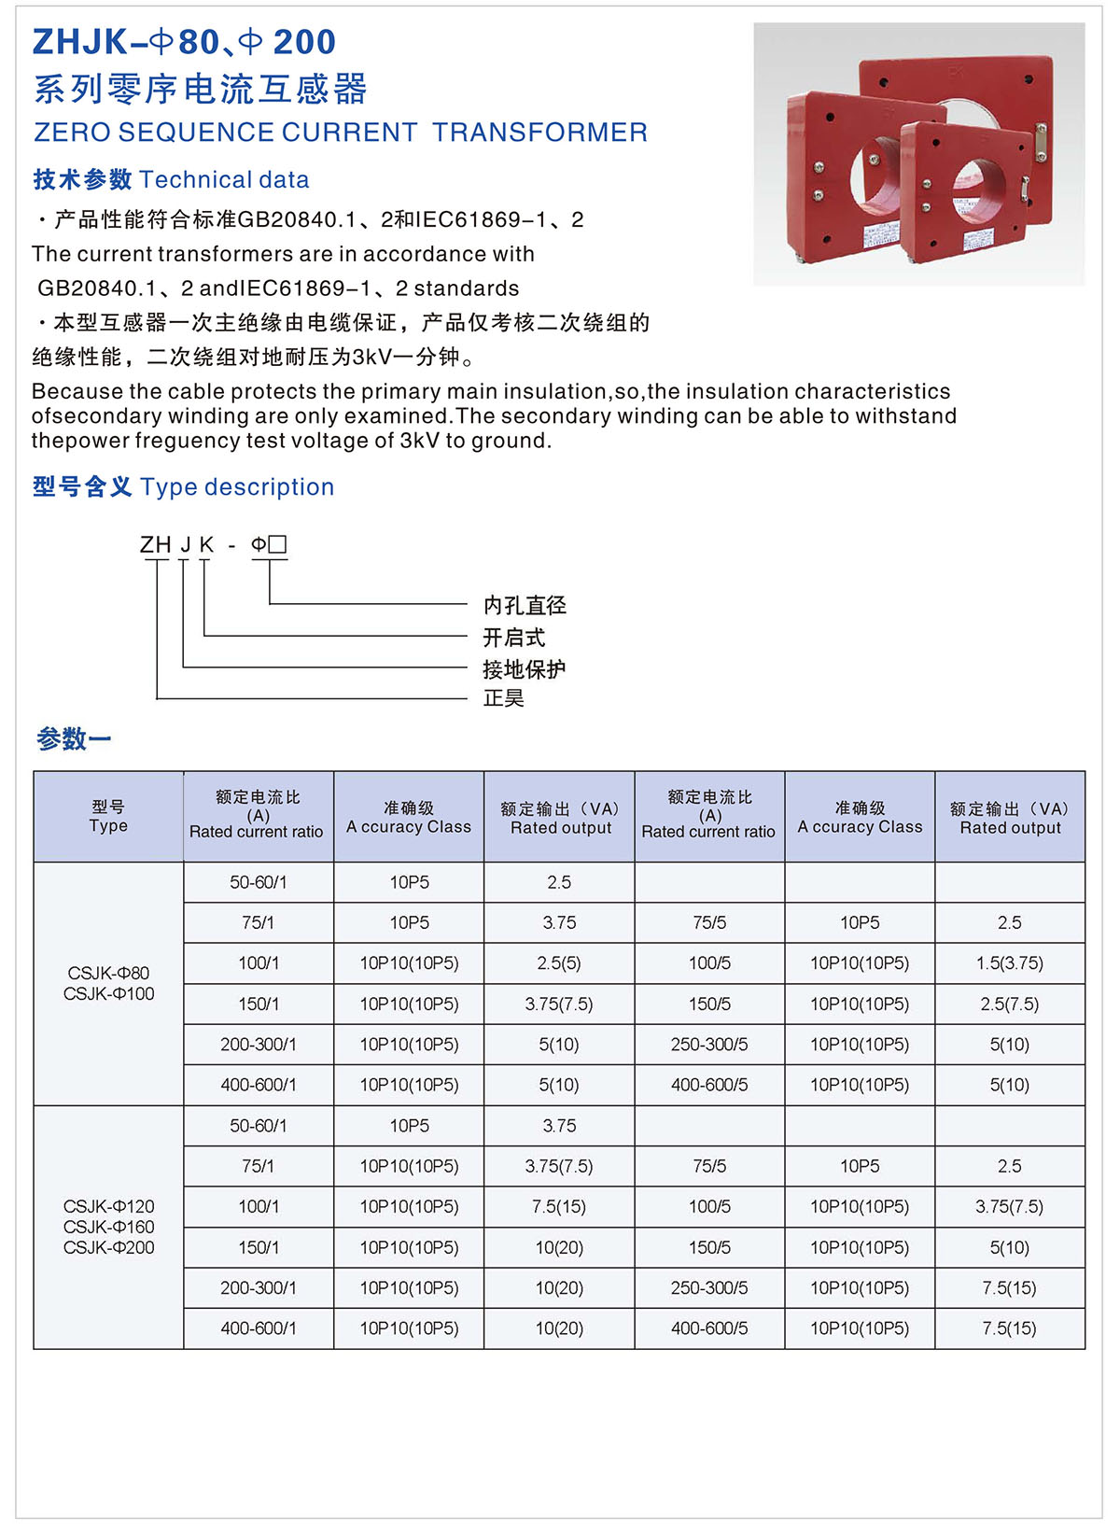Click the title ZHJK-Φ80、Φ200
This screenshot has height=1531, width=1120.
pyautogui.click(x=184, y=42)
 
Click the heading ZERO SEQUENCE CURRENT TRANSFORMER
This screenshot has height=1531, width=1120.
pyautogui.click(x=341, y=133)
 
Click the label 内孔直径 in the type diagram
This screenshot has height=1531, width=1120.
pyautogui.click(x=525, y=606)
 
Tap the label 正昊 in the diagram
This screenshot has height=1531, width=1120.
pyautogui.click(x=504, y=698)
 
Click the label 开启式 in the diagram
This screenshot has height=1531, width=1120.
pyautogui.click(x=513, y=638)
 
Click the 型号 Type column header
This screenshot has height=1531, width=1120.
pyautogui.click(x=108, y=817)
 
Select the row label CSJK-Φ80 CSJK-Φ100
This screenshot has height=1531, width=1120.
pyautogui.click(x=108, y=983)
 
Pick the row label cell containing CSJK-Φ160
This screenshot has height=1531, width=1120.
pyautogui.click(x=108, y=1227)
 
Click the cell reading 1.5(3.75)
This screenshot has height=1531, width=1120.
pyautogui.click(x=1010, y=963)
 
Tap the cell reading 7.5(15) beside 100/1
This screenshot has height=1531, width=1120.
pyautogui.click(x=559, y=1207)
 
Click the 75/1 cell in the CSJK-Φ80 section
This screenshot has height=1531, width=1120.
pyautogui.click(x=259, y=922)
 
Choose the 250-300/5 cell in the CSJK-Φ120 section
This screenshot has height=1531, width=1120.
pyautogui.click(x=709, y=1288)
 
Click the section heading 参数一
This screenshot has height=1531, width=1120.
pyautogui.click(x=74, y=739)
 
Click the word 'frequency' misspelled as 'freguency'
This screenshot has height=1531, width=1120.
pyautogui.click(x=194, y=441)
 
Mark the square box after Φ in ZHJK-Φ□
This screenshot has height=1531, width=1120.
pyautogui.click(x=277, y=544)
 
